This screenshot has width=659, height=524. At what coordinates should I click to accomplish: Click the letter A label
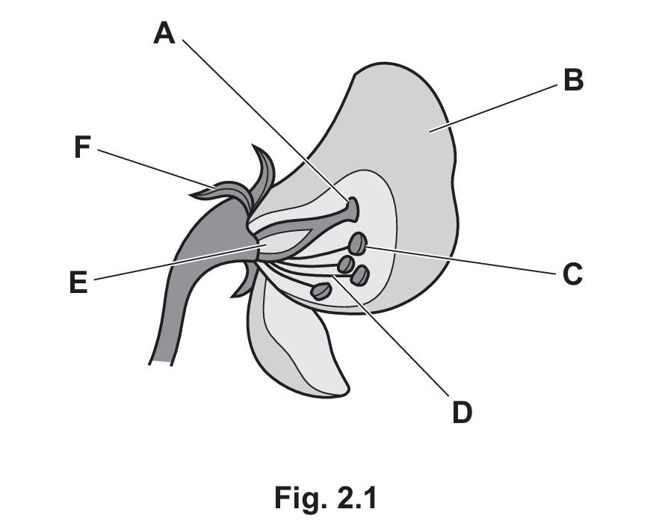point(164,33)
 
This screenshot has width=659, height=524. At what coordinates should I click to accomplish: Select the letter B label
point(574,80)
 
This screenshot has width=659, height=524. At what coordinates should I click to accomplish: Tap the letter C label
point(573,274)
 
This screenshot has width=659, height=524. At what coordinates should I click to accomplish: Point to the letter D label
point(462,412)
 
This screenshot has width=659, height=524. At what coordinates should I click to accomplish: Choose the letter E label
point(78,282)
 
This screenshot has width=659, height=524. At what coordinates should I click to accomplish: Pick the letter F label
point(82,147)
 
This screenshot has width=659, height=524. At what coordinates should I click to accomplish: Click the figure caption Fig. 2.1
point(326,498)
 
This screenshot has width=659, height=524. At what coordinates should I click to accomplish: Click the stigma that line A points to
point(353,209)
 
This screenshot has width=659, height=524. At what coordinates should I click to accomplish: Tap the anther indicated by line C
point(358,244)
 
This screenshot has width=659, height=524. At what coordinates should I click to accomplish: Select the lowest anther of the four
point(321,291)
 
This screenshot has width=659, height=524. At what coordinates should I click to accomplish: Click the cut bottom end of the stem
point(160,363)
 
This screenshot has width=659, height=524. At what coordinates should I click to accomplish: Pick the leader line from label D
point(392,336)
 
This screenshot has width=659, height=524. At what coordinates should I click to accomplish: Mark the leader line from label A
point(266,120)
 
